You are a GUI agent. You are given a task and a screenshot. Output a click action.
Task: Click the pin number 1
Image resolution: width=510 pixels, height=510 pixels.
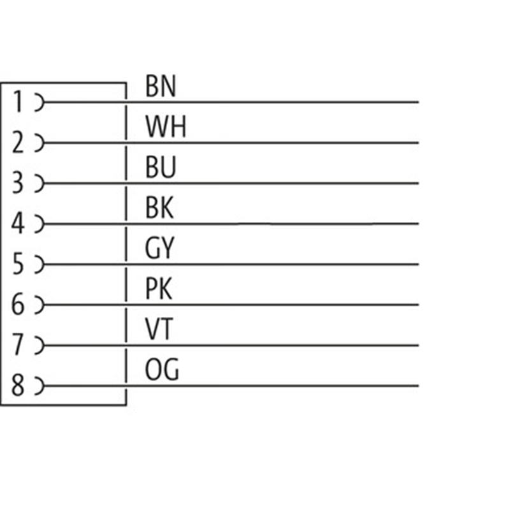[18, 101]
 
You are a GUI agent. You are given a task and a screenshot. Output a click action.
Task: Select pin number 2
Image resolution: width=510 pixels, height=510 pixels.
[18, 142]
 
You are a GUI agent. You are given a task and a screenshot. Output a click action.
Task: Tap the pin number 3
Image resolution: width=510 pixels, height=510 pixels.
[18, 182]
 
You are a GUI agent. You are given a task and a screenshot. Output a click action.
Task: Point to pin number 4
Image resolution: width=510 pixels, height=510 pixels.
[18, 223]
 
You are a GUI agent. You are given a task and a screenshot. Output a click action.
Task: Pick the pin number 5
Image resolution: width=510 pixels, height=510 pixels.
[18, 263]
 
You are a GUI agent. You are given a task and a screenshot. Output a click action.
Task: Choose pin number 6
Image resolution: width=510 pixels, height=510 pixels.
[18, 304]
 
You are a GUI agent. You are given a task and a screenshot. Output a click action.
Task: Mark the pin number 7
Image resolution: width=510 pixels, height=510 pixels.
[18, 344]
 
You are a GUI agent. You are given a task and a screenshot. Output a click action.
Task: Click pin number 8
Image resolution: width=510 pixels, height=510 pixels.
[18, 385]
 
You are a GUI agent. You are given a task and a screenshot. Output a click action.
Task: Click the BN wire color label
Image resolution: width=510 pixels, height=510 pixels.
[161, 86]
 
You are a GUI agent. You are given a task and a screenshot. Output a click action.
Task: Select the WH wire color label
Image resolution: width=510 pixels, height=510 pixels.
[166, 126]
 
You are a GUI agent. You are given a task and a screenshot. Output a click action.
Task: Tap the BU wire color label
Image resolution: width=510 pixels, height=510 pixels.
[161, 167]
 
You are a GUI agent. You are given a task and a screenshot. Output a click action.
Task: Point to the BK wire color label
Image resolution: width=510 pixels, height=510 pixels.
[159, 208]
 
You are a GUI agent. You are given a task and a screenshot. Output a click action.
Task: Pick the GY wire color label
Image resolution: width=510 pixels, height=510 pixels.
[160, 248]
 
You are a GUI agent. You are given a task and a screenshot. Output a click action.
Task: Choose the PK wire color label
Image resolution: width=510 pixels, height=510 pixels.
[159, 289]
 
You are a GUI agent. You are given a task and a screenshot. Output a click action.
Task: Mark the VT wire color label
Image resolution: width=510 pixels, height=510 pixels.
[159, 329]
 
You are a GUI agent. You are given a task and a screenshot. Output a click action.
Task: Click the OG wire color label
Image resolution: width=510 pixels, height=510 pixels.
[162, 370]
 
